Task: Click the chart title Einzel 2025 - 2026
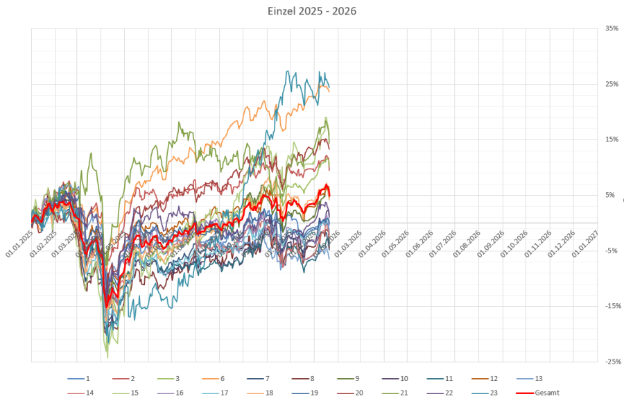(312, 12)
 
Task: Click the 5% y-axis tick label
(610, 195)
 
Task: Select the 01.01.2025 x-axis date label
(19, 245)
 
